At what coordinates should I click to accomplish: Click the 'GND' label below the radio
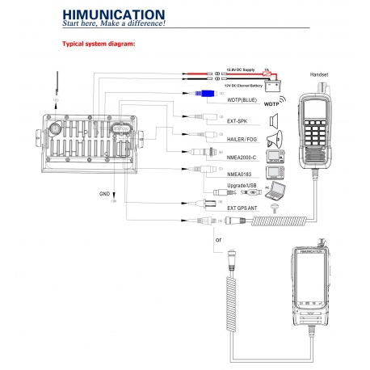click(x=103, y=195)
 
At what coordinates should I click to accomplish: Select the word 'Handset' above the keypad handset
click(x=320, y=74)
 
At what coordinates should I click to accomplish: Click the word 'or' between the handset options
click(x=217, y=240)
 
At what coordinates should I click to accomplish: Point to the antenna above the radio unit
click(x=57, y=86)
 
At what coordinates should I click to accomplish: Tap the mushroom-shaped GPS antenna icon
click(x=275, y=208)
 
